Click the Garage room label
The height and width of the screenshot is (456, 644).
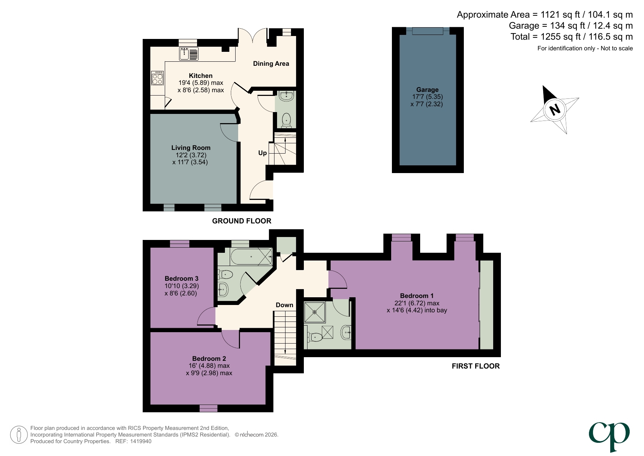(x=427, y=90)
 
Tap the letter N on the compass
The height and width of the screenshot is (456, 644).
(x=554, y=109)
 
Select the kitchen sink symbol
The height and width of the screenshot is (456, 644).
(x=189, y=54)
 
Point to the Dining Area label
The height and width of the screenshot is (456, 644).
(x=271, y=64)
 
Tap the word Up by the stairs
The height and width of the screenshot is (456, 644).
(x=262, y=153)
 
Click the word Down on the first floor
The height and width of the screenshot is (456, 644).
(x=284, y=305)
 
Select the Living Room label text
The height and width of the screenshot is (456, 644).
(x=191, y=148)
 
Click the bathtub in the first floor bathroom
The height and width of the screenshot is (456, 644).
(x=251, y=256)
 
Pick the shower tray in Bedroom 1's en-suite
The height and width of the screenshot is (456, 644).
(x=314, y=312)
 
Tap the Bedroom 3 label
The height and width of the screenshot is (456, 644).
(x=181, y=279)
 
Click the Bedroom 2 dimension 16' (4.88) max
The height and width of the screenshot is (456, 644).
(x=209, y=366)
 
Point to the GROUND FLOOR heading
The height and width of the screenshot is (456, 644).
(x=241, y=221)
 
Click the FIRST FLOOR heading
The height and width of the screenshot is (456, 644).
(x=475, y=366)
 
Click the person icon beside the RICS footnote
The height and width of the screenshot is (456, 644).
(x=18, y=435)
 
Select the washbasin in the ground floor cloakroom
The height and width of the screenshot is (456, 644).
(x=286, y=96)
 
